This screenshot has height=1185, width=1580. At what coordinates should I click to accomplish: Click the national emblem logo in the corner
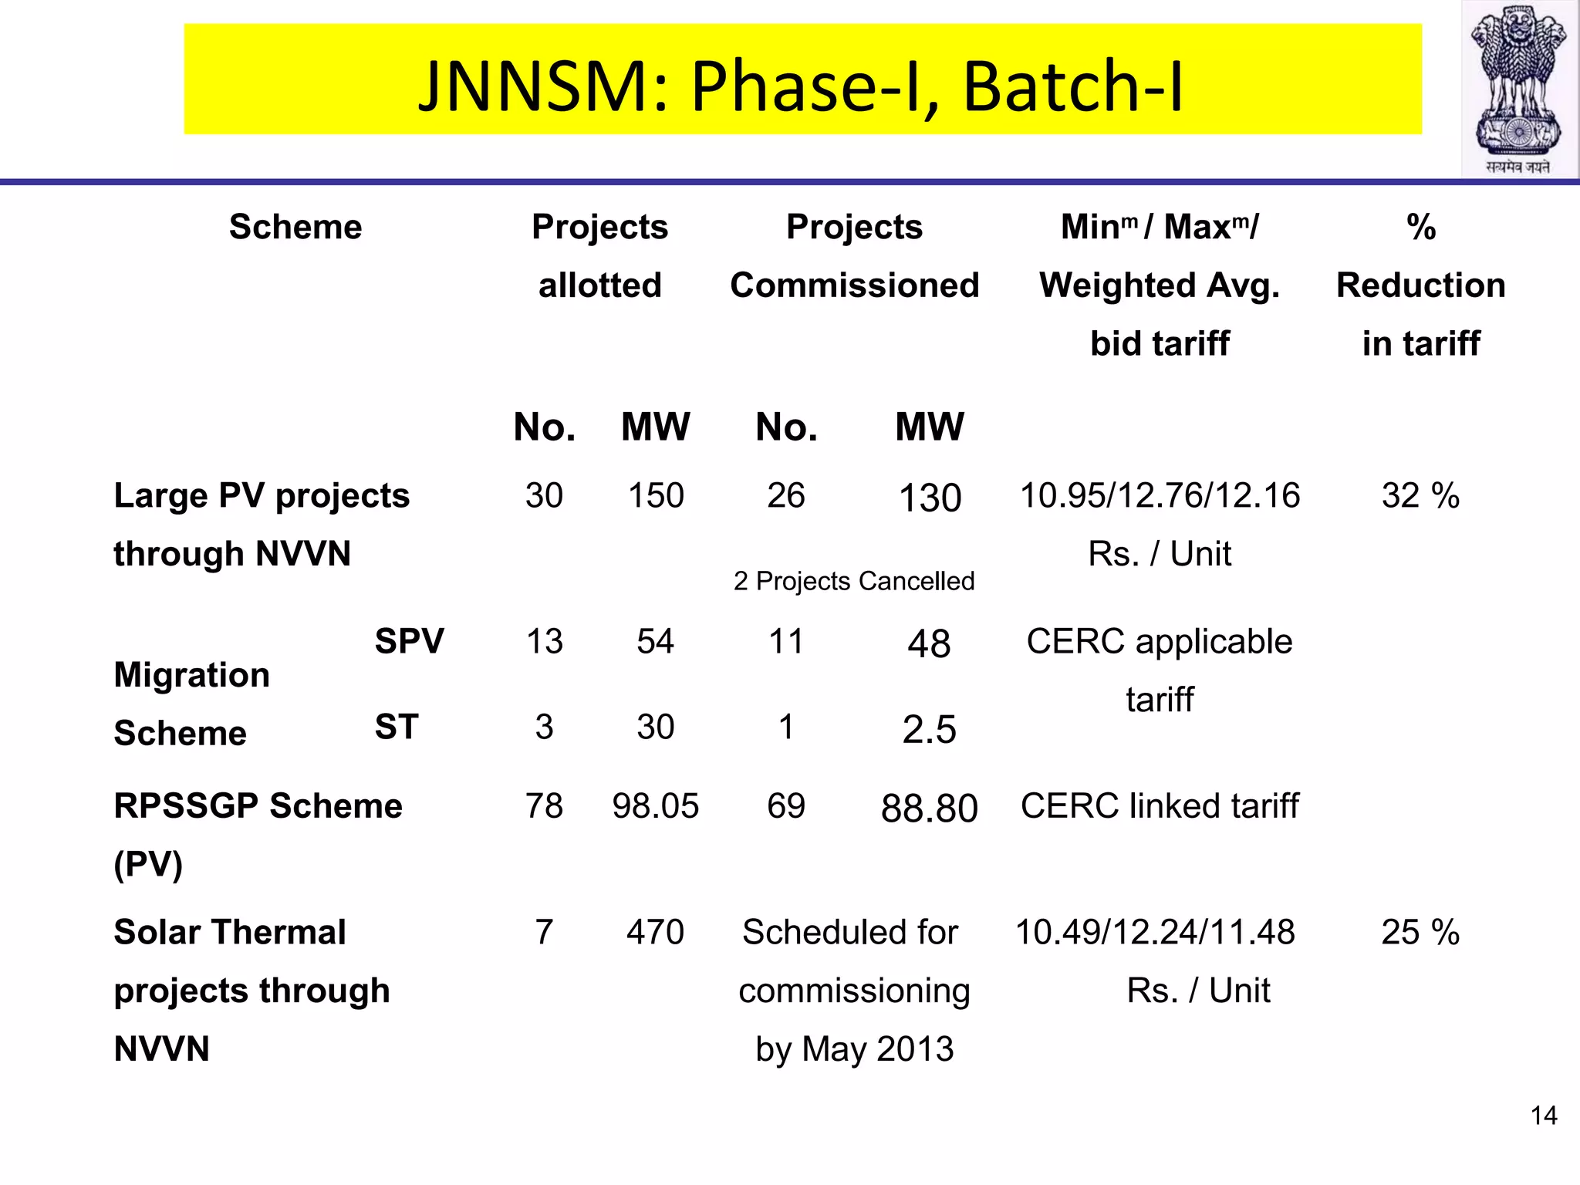[x=1518, y=89]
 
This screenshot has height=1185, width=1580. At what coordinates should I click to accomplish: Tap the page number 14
[x=1544, y=1116]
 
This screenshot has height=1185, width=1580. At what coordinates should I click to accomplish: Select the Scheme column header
[x=295, y=227]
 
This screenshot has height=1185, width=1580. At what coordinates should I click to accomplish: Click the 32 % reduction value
[x=1420, y=495]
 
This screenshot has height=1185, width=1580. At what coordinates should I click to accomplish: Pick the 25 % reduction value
[x=1420, y=932]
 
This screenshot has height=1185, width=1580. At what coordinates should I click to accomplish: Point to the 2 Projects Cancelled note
[x=854, y=581]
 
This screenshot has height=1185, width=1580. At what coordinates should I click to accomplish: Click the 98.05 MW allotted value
[x=655, y=805]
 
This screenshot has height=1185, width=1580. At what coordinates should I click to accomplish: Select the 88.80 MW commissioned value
[x=929, y=808]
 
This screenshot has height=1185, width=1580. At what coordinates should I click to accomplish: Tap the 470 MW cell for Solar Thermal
[x=655, y=932]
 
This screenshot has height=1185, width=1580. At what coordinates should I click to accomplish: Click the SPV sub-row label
[x=409, y=641]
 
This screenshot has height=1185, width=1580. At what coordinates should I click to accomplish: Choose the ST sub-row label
[x=397, y=727]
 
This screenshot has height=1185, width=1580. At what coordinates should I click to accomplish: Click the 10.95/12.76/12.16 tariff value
[x=1160, y=495]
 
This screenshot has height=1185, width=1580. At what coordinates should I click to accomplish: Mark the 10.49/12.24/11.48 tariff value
[x=1155, y=932]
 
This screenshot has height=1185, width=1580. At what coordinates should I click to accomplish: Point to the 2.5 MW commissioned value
[x=929, y=729]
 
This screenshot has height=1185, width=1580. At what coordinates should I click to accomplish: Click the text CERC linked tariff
[x=1160, y=805]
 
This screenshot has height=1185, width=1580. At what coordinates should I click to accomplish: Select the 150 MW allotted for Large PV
[x=655, y=495]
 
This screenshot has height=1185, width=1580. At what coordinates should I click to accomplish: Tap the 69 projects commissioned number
[x=785, y=805]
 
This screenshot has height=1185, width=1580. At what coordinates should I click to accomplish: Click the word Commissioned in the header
[x=854, y=285]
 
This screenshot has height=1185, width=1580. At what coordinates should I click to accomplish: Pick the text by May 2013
[x=854, y=1049]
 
